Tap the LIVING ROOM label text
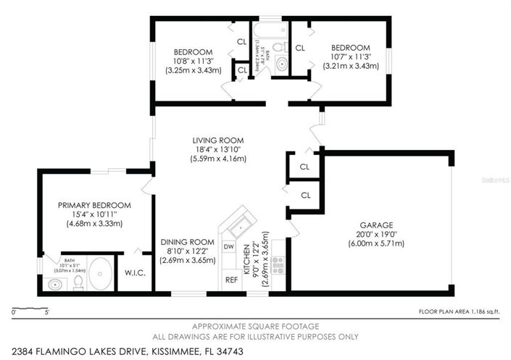click(217, 141)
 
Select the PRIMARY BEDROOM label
click(94, 205)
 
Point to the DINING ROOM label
click(187, 242)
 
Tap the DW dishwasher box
click(229, 247)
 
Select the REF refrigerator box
click(231, 279)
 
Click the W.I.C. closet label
click(136, 274)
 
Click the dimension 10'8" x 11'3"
click(192, 62)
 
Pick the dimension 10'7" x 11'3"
click(350, 56)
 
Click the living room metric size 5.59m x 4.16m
click(217, 159)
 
